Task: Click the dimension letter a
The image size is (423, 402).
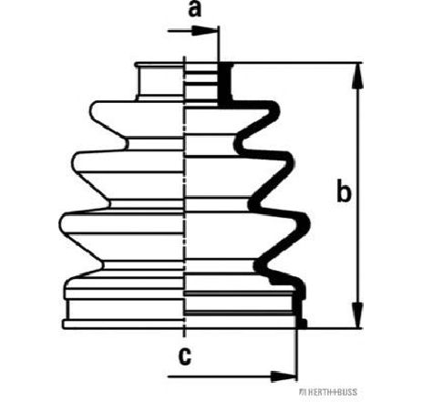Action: (x=195, y=10)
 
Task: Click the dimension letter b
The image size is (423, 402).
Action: (x=344, y=191)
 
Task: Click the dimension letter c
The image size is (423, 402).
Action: (x=185, y=356)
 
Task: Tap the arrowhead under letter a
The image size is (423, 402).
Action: (x=204, y=31)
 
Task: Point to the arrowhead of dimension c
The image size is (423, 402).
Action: (x=283, y=376)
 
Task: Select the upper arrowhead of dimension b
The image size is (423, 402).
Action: (x=358, y=76)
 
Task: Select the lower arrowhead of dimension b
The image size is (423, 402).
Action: (x=358, y=315)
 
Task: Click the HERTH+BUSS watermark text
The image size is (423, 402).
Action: (x=328, y=392)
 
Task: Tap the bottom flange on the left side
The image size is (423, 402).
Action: (x=123, y=324)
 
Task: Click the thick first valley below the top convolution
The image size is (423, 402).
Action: (x=239, y=143)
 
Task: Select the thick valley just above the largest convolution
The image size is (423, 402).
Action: (x=253, y=203)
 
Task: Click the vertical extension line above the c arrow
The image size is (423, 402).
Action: (x=296, y=354)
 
